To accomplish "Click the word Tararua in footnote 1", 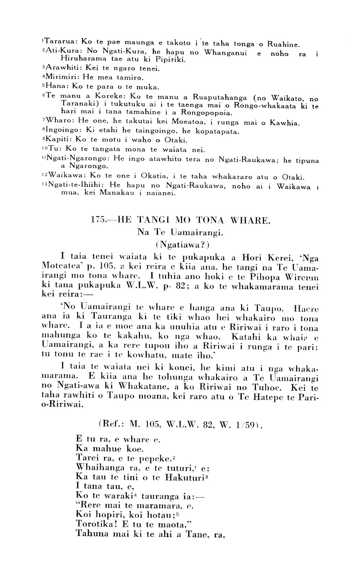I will pos(60,41).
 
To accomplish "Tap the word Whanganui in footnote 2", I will pos(225,52).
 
